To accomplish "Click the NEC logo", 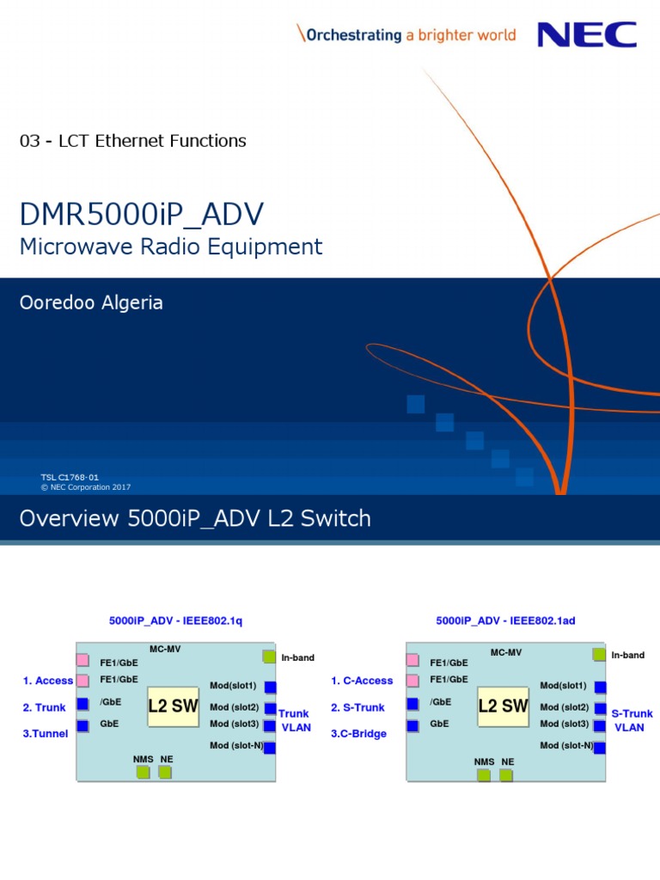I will point(586,34).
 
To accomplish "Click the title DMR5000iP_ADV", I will point(142,215).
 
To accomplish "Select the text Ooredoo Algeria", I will point(91,302).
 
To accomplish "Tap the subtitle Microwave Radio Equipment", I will point(171,247).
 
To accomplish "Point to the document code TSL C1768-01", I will point(70,476).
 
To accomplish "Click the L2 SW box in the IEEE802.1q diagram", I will point(173,706).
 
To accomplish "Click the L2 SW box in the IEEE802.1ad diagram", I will point(503,706).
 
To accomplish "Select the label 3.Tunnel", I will point(46,734).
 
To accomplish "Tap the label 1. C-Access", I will point(362,681).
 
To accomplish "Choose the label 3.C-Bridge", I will point(358,734).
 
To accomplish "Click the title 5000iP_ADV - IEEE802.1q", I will point(176,620).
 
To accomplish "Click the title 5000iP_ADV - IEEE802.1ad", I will point(505,620).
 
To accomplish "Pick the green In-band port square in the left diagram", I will point(269,657).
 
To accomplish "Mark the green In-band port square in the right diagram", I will point(599,655).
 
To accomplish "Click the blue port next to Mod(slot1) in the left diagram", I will point(270,687).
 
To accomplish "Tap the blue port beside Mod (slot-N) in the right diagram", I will point(600,747).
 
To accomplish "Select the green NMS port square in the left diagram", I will point(142,773).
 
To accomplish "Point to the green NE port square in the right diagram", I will point(506,774).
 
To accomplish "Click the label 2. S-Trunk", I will point(358,707).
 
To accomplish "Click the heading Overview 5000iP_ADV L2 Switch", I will point(195,518).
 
